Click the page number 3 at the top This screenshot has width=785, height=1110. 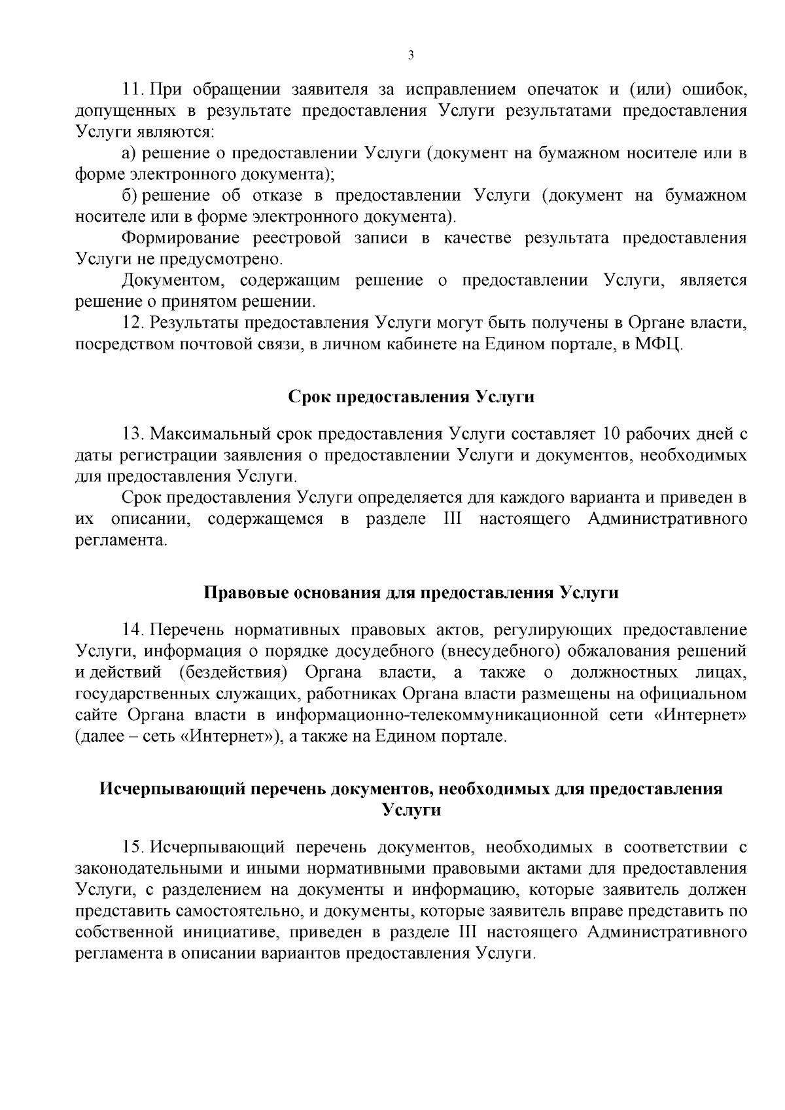pos(410,56)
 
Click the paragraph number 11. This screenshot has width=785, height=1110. pos(133,89)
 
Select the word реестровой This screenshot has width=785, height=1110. pos(298,238)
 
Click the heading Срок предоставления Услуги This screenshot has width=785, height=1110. pos(411,397)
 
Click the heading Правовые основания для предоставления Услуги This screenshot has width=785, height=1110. pos(411,593)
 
